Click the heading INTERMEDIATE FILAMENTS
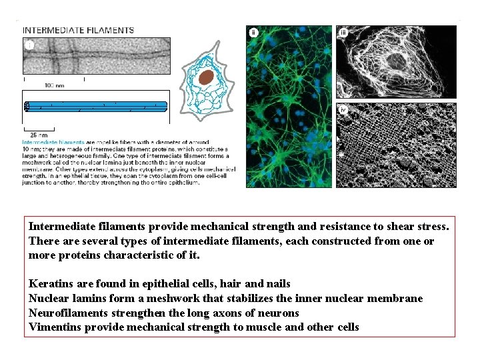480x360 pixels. (79, 30)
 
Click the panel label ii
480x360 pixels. (253, 32)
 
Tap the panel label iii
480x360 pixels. (343, 32)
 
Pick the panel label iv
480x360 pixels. (343, 109)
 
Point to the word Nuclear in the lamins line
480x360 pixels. (49, 298)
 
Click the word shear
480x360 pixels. (401, 227)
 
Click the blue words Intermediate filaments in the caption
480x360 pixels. (53, 142)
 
